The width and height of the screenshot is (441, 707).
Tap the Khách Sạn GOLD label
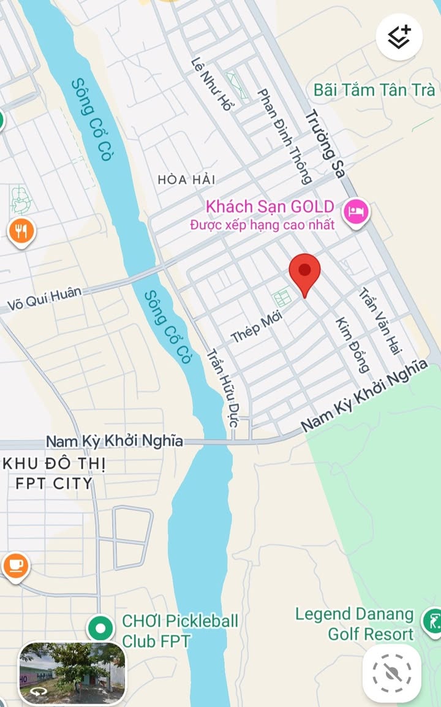[x=270, y=206]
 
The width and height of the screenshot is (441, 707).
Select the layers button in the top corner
[x=399, y=37]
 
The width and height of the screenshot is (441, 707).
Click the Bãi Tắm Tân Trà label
[x=374, y=89]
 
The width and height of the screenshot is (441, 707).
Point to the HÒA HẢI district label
[x=187, y=180]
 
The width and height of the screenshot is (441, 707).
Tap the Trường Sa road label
[x=325, y=143]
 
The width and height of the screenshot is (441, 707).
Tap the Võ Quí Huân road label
[x=45, y=299]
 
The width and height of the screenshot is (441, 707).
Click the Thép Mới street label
[x=254, y=329]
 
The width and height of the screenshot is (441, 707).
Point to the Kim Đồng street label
[x=352, y=345]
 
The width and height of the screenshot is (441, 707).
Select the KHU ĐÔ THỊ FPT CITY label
[x=54, y=474]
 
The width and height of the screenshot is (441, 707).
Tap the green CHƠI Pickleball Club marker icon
[x=100, y=629]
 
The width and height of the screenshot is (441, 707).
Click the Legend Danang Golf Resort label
[x=355, y=624]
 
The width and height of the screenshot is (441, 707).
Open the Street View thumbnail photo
[x=72, y=672]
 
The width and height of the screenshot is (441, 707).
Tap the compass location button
[x=391, y=673]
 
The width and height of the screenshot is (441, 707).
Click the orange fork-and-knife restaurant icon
[x=21, y=230]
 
